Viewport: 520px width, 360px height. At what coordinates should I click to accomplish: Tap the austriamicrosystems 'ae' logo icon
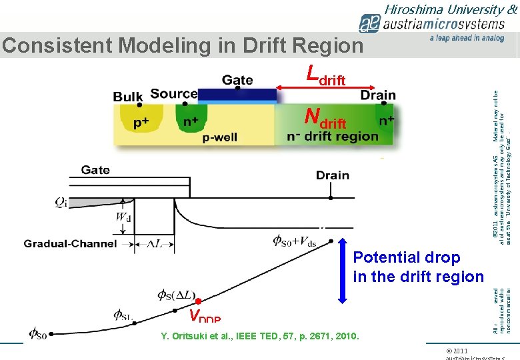click(369, 24)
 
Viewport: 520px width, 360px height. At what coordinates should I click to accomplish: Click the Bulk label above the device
click(128, 96)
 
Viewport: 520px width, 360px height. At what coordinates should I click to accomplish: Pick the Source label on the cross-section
click(173, 94)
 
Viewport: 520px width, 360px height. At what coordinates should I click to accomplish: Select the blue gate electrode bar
click(237, 95)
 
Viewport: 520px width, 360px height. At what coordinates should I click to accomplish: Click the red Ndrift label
click(325, 119)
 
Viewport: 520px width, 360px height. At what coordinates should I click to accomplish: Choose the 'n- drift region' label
click(332, 137)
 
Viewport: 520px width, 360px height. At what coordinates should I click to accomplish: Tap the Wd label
click(123, 217)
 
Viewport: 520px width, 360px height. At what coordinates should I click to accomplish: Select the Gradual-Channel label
click(70, 244)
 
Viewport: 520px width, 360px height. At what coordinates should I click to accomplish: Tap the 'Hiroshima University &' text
click(451, 9)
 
